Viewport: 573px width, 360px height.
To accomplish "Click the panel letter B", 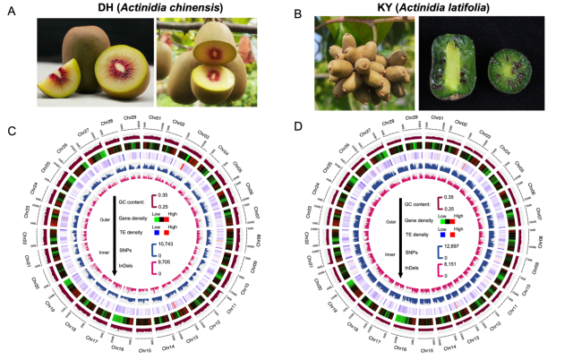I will click(x=296, y=13).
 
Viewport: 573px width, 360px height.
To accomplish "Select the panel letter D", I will click(x=296, y=133).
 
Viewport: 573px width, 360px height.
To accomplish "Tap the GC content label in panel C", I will click(x=131, y=193).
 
